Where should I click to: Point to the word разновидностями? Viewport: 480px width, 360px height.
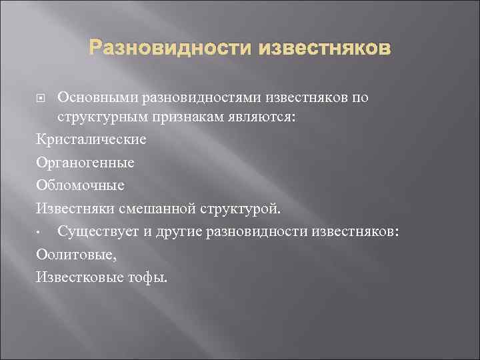(x=204, y=98)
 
